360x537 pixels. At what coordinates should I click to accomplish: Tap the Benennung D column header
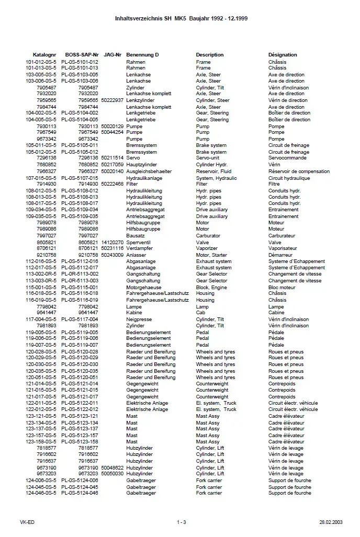tap(142, 55)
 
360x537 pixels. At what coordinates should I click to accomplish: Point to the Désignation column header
tap(283, 55)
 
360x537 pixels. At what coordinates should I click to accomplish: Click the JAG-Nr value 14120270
tap(113, 243)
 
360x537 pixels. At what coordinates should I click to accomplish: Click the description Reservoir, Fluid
tap(213, 172)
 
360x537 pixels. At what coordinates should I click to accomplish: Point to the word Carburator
tap(208, 236)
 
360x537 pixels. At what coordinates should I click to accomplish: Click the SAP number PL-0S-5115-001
tap(80, 288)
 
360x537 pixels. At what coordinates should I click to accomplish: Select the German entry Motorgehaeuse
tap(143, 288)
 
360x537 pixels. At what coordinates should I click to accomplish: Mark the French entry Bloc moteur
tap(282, 288)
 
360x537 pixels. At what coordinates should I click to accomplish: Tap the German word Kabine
tap(134, 313)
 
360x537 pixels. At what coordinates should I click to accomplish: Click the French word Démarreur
tap(280, 255)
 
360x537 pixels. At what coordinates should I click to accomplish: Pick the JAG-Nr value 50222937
tap(113, 100)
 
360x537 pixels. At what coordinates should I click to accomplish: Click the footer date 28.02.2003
tap(331, 522)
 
